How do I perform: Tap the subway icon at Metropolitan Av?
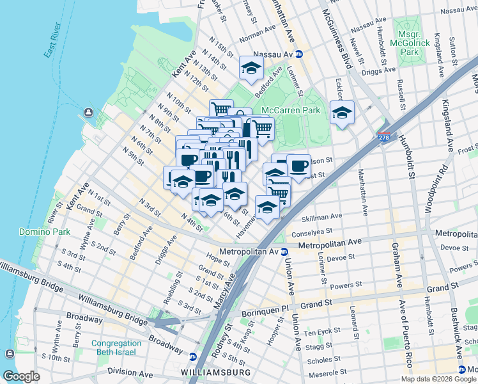(x=284, y=252)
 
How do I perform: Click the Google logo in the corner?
(x=20, y=376)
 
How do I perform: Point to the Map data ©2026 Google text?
(x=438, y=379)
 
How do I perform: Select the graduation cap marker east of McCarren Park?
(x=342, y=113)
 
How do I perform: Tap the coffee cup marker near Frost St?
(x=298, y=166)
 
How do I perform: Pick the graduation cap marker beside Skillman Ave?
(x=267, y=207)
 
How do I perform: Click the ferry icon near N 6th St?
(x=87, y=114)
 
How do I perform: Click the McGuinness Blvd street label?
(x=337, y=38)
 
